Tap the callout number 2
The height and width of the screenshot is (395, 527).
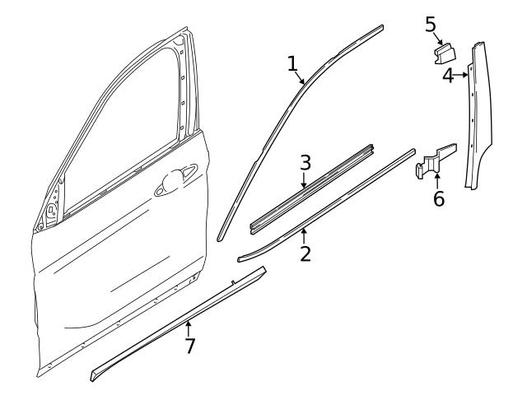pyautogui.click(x=305, y=253)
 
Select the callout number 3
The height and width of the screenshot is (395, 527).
pyautogui.click(x=305, y=160)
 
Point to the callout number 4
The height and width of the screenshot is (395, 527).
pyautogui.click(x=448, y=77)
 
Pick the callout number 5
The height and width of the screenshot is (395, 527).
pyautogui.click(x=431, y=24)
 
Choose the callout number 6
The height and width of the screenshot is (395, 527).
pyautogui.click(x=438, y=198)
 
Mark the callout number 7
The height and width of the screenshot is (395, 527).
pyautogui.click(x=190, y=346)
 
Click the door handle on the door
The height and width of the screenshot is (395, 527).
pyautogui.click(x=176, y=180)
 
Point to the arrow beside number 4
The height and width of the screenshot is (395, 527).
pyautogui.click(x=462, y=76)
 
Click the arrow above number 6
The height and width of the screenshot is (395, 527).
pyautogui.click(x=437, y=179)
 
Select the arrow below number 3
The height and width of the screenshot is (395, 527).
pyautogui.click(x=304, y=179)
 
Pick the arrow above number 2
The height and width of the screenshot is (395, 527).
pyautogui.click(x=304, y=235)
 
